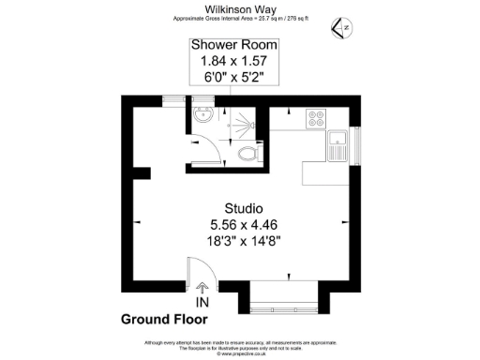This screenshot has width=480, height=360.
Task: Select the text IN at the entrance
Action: tap(202, 303)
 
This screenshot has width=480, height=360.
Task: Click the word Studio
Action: tap(243, 207)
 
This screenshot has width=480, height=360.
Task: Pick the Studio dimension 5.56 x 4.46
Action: tap(243, 224)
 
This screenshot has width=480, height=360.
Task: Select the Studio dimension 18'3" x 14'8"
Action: tap(243, 241)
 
